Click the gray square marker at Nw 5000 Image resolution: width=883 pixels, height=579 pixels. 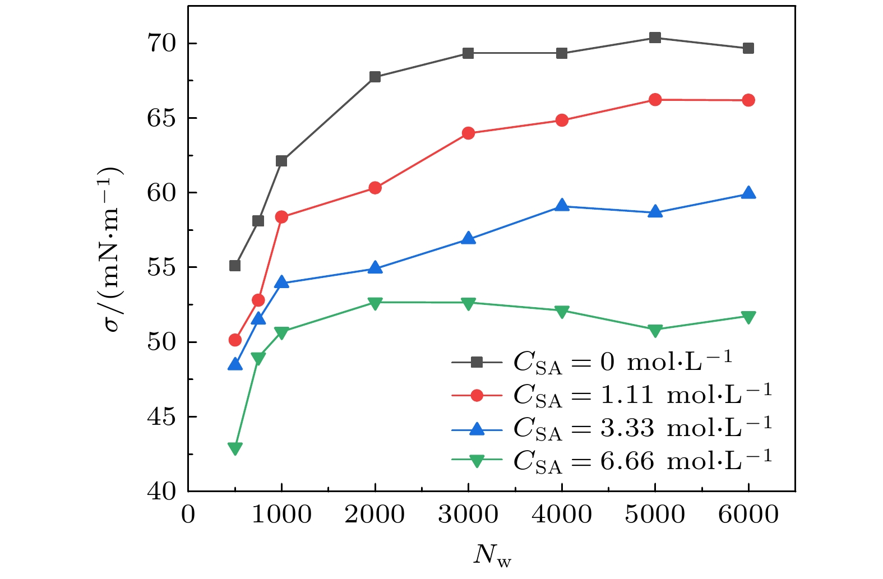tap(655, 38)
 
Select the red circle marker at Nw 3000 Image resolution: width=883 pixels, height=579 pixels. tap(468, 133)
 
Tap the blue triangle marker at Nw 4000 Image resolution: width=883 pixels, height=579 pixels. tap(562, 206)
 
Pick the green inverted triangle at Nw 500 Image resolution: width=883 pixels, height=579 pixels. tap(235, 448)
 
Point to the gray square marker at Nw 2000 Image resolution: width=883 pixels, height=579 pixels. tap(375, 77)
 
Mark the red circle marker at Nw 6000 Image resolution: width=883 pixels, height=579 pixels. tap(748, 100)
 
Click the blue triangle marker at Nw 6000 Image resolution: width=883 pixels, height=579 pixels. tap(748, 193)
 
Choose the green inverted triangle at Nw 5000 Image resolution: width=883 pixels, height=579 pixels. tap(655, 330)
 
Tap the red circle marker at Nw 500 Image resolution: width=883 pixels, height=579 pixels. tap(235, 340)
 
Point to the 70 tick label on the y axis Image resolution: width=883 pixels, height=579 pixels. tap(161, 43)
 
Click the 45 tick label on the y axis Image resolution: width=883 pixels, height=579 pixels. tap(161, 417)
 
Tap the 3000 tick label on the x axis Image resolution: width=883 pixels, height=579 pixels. tap(468, 515)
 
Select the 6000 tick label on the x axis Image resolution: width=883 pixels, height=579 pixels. tap(748, 515)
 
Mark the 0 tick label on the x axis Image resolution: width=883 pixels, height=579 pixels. tap(188, 515)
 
